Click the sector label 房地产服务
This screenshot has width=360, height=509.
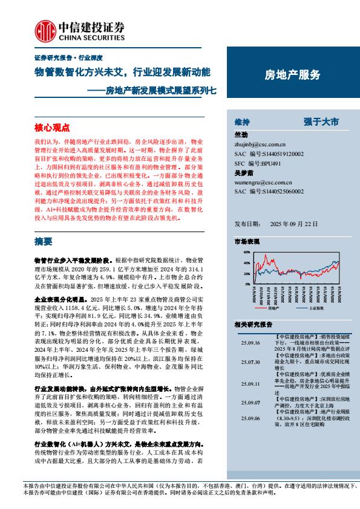click(x=293, y=74)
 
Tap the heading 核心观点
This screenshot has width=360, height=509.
click(x=52, y=128)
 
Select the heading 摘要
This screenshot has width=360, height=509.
click(x=44, y=241)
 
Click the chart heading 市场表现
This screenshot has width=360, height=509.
click(x=246, y=241)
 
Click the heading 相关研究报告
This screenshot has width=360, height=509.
click(x=253, y=325)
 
